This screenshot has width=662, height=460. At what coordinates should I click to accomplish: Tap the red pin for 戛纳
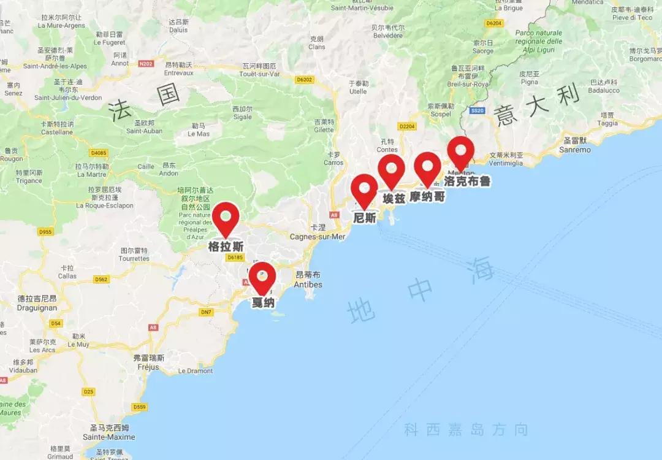262,277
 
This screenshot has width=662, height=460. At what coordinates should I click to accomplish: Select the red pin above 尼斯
365,189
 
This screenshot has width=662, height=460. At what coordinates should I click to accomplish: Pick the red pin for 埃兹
392,169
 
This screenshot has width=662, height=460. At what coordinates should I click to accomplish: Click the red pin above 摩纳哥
428,167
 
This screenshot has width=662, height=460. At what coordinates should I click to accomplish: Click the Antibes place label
308,285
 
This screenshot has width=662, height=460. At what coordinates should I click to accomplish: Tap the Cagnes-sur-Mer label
318,237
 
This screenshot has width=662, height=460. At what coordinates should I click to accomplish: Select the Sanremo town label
576,150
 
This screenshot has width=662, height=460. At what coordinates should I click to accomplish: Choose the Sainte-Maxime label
109,437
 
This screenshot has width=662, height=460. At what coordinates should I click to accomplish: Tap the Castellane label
57,132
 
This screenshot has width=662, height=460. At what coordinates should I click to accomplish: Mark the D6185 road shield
235,258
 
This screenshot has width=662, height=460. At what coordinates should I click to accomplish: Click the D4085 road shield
98,153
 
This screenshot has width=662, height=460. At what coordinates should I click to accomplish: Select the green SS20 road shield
477,111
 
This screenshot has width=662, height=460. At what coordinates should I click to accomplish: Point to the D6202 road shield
304,80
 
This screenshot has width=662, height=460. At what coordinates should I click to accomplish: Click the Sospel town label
440,115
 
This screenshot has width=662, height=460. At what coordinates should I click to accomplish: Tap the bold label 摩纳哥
428,197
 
